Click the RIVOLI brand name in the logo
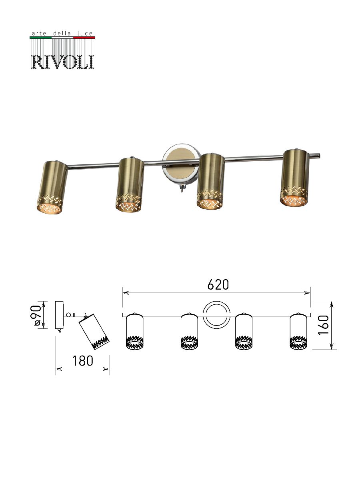click(62, 61)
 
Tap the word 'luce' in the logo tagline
click(86, 34)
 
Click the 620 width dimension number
click(218, 284)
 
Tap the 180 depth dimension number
click(83, 361)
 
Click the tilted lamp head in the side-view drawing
click(94, 332)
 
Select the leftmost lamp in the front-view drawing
click(134, 332)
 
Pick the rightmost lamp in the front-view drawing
click(298, 332)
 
